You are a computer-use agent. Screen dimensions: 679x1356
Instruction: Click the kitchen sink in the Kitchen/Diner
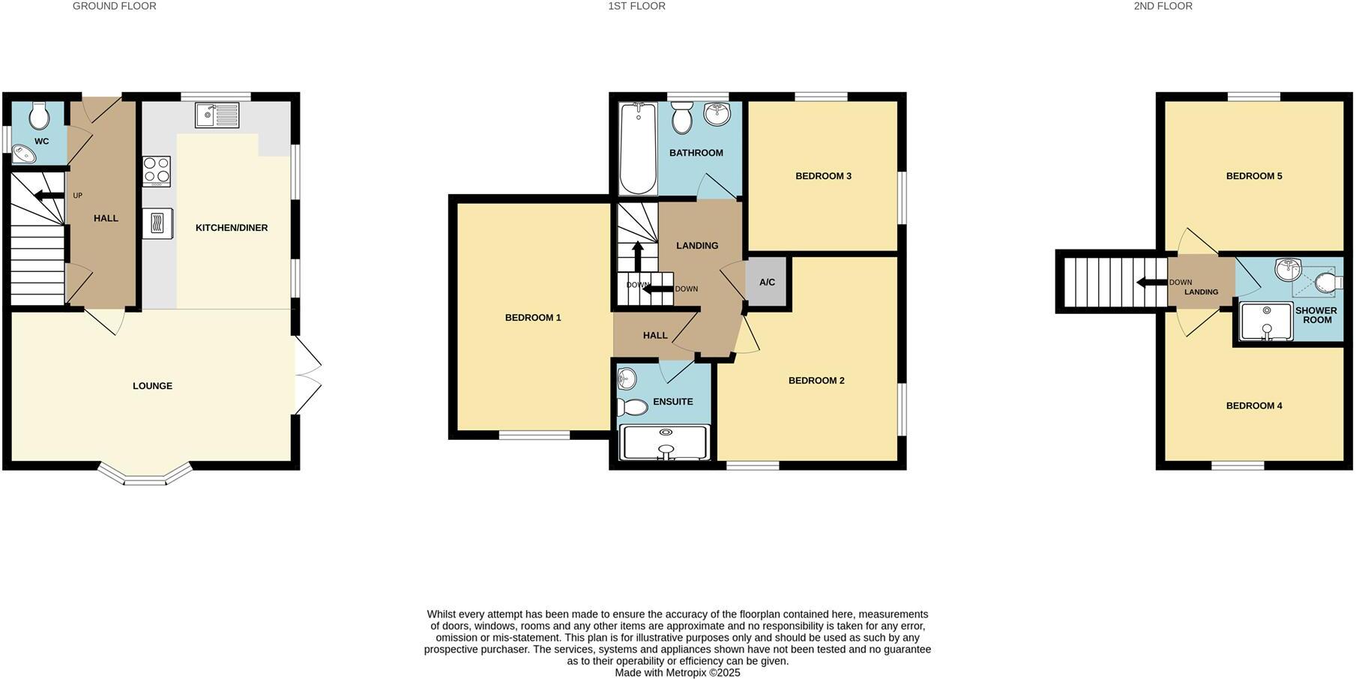coord(217,115)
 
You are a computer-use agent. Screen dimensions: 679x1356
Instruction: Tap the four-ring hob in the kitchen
coord(157,171)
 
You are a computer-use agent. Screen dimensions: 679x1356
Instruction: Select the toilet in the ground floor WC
coord(39,116)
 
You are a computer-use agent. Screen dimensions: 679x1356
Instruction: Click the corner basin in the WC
coord(24,154)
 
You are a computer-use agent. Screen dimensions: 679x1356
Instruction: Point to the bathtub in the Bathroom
coord(638,148)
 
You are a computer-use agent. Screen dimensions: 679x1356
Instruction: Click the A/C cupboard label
coord(767,283)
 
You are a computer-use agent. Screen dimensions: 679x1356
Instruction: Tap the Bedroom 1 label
coord(533,318)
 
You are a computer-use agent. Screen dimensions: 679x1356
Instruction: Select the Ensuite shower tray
coord(665,442)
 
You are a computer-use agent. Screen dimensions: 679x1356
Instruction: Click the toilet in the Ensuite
coord(632,407)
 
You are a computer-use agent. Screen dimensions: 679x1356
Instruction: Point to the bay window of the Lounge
coord(145,476)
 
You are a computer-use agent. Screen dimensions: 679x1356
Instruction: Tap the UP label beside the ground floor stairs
coord(77,196)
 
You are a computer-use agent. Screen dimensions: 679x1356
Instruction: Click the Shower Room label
coord(1316,315)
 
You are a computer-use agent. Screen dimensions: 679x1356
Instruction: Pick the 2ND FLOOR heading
coord(1163,6)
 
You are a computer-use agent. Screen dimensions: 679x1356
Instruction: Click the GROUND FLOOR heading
coord(114,6)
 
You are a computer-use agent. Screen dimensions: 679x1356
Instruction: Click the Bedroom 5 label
coord(1253,176)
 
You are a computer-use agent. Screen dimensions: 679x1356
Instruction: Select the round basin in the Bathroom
coord(717,114)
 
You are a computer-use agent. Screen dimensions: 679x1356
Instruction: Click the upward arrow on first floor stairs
coord(637,256)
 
